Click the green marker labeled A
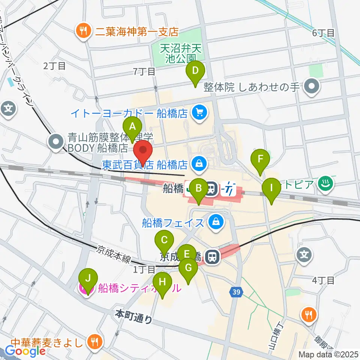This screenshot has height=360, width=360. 132,128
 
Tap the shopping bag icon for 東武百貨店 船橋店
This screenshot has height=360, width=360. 199,163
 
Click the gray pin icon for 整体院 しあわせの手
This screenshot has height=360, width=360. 312,87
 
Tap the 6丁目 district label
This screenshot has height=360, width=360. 323,33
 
